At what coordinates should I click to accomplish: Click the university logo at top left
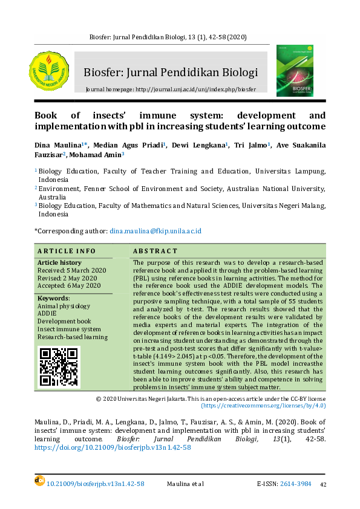click(x=50, y=71)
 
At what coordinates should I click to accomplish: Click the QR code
click(x=59, y=366)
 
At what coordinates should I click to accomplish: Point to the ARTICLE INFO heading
click(x=67, y=251)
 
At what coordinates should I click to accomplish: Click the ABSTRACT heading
click(x=155, y=251)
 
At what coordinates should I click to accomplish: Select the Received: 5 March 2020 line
click(x=71, y=270)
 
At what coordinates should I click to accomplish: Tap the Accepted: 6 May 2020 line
click(x=69, y=285)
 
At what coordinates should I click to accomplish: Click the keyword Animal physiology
click(x=64, y=306)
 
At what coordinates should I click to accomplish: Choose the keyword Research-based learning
click(x=73, y=337)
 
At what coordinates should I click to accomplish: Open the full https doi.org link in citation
click(x=113, y=448)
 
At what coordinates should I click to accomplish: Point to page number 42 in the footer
click(x=323, y=484)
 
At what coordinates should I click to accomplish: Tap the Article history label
click(x=59, y=263)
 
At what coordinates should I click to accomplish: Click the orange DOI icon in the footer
click(x=40, y=480)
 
